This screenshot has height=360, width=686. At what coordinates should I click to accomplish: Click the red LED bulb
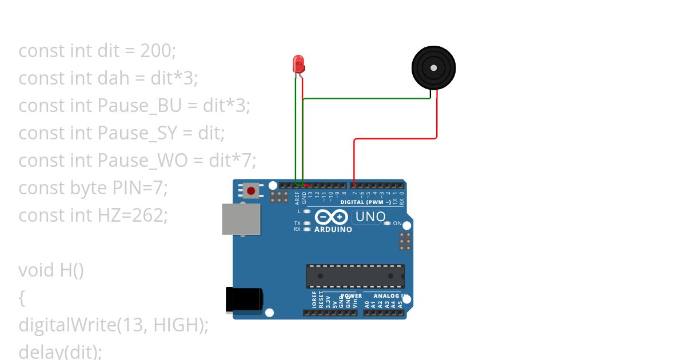298,63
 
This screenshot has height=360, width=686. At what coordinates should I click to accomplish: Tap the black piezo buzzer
434,68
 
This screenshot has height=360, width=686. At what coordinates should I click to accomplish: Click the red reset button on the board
251,190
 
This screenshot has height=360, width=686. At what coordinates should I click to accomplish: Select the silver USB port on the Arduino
241,219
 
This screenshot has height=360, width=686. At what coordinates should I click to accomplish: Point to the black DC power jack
244,300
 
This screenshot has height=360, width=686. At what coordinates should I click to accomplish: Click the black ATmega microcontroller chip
355,276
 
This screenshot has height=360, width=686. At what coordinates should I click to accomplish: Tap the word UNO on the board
370,217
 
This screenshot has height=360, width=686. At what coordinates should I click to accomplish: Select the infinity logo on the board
331,217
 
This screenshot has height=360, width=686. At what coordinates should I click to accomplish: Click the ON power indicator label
397,223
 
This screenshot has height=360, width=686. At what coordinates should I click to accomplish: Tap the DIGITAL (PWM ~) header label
365,202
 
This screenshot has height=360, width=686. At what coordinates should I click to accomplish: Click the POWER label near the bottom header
351,296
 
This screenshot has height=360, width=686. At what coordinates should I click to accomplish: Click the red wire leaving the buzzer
437,117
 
